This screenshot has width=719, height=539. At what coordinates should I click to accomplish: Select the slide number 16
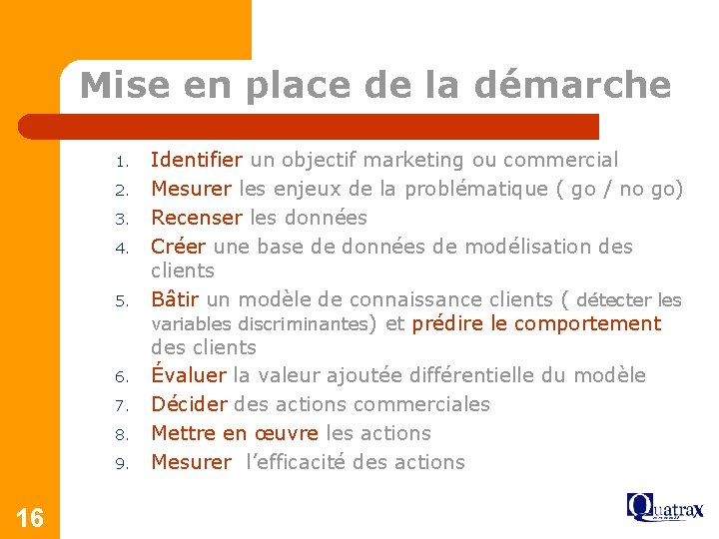point(30,517)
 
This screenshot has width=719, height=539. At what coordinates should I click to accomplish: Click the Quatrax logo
point(665,507)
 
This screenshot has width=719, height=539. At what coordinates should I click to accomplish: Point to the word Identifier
point(196,160)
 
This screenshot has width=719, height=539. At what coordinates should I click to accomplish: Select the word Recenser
point(196,218)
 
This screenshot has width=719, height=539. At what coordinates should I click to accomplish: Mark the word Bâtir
point(175,299)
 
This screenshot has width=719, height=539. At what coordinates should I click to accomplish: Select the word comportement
point(588,323)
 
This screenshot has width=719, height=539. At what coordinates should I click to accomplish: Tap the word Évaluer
point(189,375)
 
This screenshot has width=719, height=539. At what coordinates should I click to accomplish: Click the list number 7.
point(120,406)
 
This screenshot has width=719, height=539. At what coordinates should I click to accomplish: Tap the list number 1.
point(120,162)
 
